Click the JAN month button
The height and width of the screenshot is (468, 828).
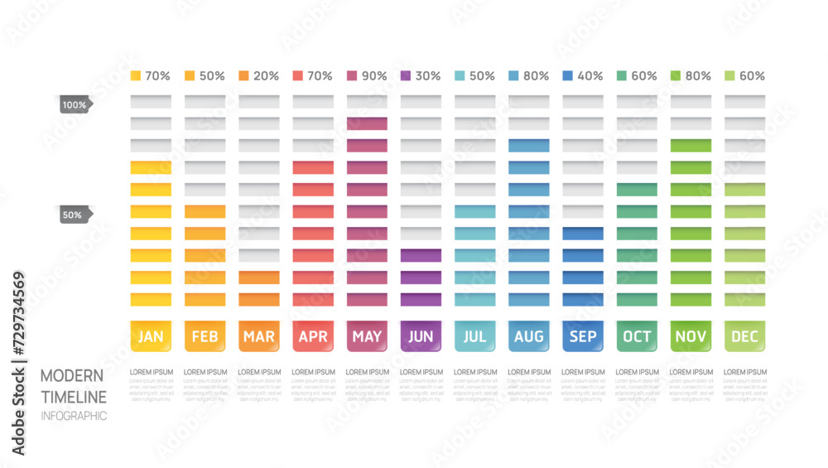pyautogui.click(x=151, y=335)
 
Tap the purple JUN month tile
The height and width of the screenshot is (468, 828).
pyautogui.click(x=421, y=335)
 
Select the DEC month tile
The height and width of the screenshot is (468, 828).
pyautogui.click(x=744, y=335)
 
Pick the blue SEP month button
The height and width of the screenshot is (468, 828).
pyautogui.click(x=582, y=335)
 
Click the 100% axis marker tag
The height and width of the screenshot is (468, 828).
pyautogui.click(x=75, y=105)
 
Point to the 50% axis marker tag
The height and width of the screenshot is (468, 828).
pyautogui.click(x=73, y=215)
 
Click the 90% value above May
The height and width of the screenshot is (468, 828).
pyautogui.click(x=373, y=76)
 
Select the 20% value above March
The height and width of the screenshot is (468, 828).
pyautogui.click(x=266, y=76)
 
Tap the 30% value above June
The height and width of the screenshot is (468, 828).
pyautogui.click(x=427, y=76)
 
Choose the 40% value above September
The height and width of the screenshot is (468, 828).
pyautogui.click(x=590, y=76)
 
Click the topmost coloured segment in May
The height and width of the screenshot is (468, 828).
pyautogui.click(x=367, y=123)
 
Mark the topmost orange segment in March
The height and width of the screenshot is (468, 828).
pyautogui.click(x=259, y=277)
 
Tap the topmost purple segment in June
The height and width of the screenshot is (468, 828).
pyautogui.click(x=421, y=255)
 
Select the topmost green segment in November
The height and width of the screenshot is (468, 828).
pyautogui.click(x=691, y=146)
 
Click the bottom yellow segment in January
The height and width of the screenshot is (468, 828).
pyautogui.click(x=151, y=299)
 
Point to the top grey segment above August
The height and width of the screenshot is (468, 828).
pyautogui.click(x=528, y=101)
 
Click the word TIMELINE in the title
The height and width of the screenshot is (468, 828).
pyautogui.click(x=74, y=396)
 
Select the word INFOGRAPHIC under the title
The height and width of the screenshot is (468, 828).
pyautogui.click(x=74, y=416)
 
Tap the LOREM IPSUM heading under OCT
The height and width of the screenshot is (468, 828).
pyautogui.click(x=637, y=373)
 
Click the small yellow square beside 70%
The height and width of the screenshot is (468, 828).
pyautogui.click(x=136, y=76)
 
